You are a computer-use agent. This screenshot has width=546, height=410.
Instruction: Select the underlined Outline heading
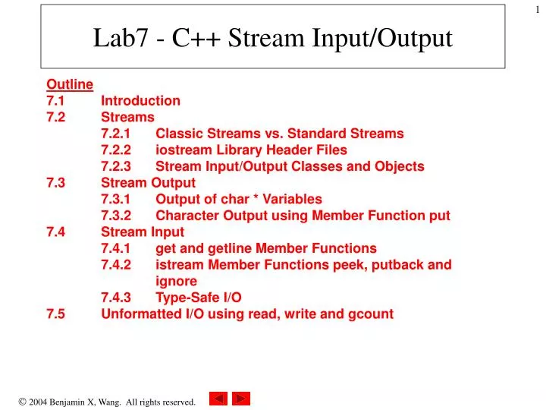[70, 84]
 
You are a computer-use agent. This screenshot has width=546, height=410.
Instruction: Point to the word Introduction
[140, 101]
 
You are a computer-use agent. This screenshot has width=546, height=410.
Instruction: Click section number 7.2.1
[116, 134]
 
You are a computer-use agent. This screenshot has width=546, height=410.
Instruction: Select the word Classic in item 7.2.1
[178, 134]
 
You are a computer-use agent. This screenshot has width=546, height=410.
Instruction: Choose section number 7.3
[55, 183]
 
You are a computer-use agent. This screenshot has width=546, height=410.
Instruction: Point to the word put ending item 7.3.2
[439, 216]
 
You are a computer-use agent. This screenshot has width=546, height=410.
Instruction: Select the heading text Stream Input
[143, 232]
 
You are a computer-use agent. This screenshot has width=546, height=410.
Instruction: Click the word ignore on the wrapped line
[176, 281]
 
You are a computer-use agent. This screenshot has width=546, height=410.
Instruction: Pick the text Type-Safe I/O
[199, 298]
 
